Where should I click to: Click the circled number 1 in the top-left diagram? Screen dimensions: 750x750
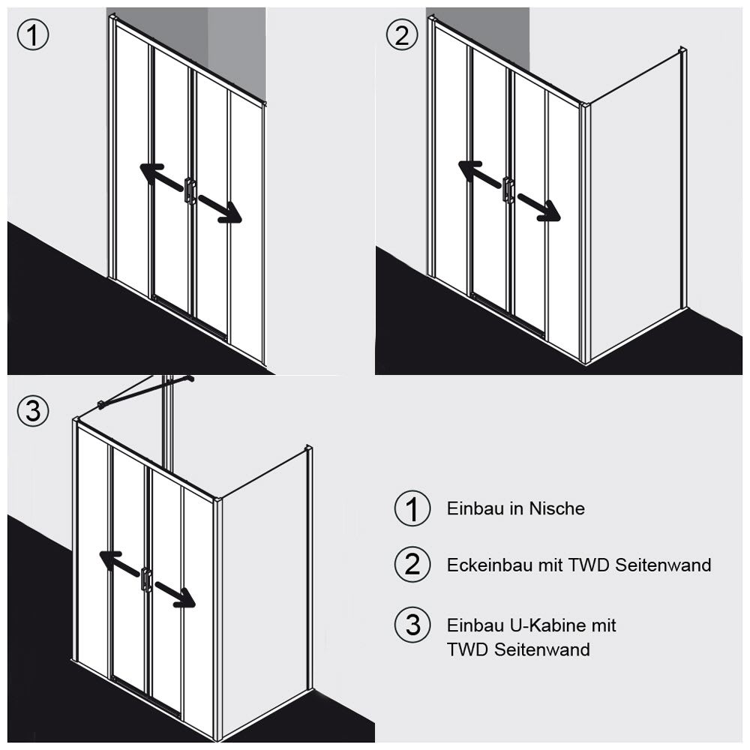[x=32, y=34]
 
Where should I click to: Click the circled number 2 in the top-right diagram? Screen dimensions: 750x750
[x=402, y=34]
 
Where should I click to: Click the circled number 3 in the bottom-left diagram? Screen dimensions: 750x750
[x=32, y=410]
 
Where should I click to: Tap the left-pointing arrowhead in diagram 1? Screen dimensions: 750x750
[x=150, y=172]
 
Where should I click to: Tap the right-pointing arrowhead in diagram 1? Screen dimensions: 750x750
[x=230, y=213]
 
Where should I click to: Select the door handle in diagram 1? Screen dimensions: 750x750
[x=190, y=192]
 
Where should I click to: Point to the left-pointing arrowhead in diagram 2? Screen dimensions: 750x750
[x=469, y=170]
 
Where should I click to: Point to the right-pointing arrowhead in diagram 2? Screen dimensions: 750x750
[x=549, y=211]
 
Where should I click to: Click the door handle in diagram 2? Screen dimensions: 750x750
[x=508, y=189]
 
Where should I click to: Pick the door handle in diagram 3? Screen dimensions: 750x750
[x=146, y=577]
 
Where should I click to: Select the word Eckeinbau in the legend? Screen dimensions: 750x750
[x=490, y=565]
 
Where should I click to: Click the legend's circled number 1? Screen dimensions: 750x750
[x=412, y=508]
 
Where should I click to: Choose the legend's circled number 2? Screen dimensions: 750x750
[x=412, y=565]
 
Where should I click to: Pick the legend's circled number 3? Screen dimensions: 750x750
[x=412, y=625]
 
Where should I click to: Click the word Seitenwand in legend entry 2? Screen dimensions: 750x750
[x=663, y=565]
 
